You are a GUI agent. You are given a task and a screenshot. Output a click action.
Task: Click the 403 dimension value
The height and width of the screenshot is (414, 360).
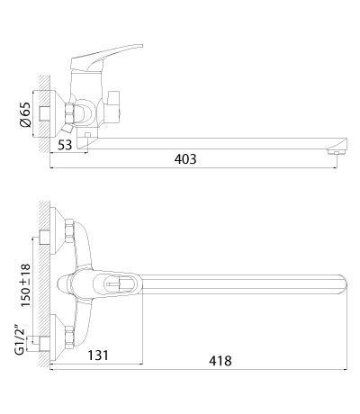[x=185, y=159]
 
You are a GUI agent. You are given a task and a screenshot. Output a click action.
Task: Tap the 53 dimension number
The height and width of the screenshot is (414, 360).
[x=65, y=145]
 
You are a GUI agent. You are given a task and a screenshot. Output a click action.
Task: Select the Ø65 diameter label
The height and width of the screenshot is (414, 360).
[x=25, y=115]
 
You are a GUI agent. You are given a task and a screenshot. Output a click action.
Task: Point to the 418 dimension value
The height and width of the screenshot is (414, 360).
[x=220, y=361]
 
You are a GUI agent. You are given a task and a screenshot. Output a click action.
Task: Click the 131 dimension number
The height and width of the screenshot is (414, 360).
[x=98, y=355]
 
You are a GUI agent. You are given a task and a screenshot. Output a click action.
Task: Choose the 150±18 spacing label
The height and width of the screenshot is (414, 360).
[x=25, y=285]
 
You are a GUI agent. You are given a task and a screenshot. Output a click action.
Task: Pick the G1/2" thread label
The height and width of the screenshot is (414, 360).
[x=20, y=339]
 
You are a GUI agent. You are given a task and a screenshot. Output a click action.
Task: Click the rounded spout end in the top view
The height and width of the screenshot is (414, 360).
[x=344, y=283]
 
